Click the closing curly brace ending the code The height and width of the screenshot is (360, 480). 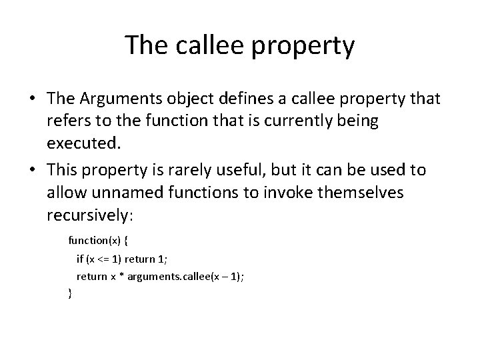[70, 292]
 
